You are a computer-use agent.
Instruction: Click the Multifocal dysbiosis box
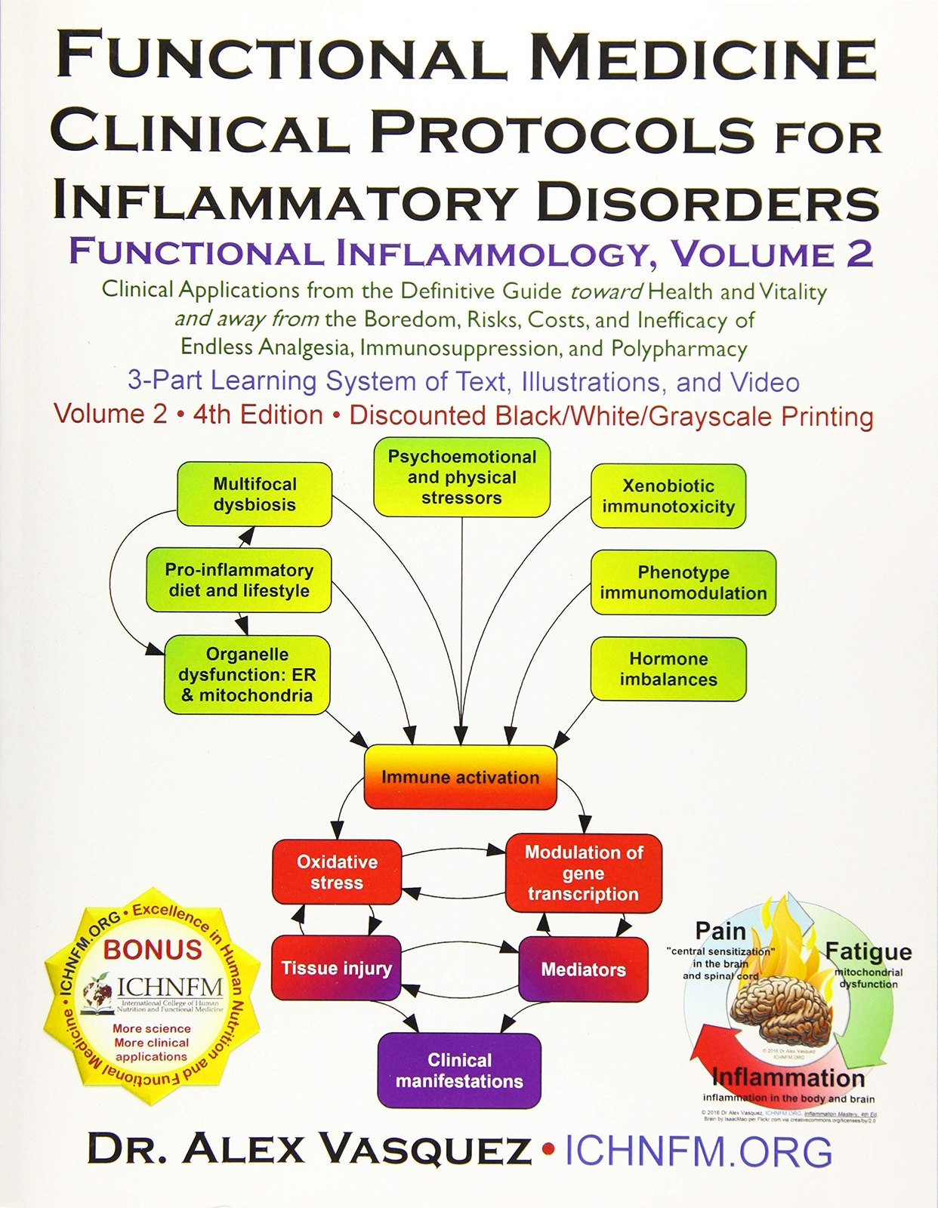[255, 495]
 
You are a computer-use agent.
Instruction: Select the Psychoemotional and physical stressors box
[461, 477]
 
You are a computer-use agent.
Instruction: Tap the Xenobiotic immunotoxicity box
[668, 496]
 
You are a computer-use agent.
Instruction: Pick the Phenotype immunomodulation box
[683, 583]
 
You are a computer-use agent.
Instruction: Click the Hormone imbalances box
[668, 669]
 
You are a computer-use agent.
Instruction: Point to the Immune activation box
[460, 778]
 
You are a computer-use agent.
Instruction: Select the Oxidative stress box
[337, 872]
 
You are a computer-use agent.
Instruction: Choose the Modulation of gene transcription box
[583, 873]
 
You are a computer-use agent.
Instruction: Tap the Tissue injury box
[336, 969]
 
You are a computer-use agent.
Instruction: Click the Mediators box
[583, 969]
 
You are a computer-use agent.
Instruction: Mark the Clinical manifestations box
[459, 1070]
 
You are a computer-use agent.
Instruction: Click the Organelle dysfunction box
[247, 675]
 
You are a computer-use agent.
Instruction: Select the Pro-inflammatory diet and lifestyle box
[239, 581]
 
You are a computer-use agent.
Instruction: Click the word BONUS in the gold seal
[153, 949]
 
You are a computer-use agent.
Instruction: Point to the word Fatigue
[868, 951]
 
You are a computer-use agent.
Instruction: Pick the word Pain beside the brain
[720, 931]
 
